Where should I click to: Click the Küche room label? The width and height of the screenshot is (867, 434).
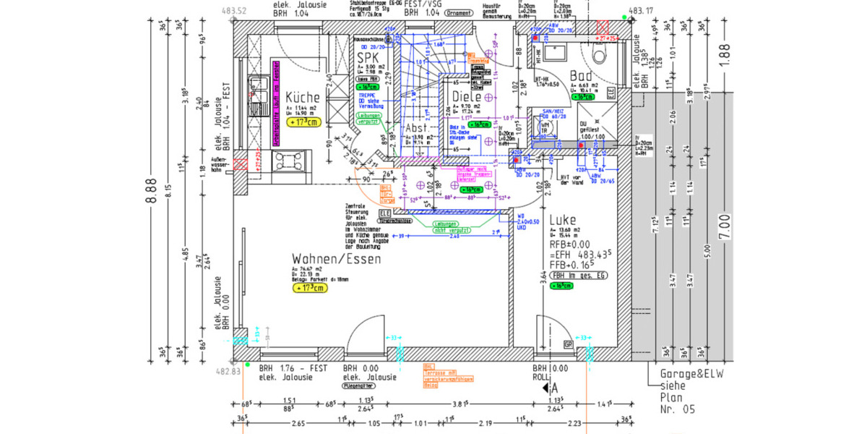pos(303,98)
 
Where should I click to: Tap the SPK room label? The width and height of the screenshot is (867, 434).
pos(368,56)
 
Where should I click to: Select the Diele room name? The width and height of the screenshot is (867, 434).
pos(467,97)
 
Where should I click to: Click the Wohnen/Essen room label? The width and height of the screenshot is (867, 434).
pos(337,259)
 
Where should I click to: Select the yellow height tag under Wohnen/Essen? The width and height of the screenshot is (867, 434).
pos(310,288)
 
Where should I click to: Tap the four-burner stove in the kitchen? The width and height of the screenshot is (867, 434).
pos(282,161)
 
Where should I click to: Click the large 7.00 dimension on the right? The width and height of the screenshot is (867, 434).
pos(725,226)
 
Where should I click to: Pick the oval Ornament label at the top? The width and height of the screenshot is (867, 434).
pos(458,12)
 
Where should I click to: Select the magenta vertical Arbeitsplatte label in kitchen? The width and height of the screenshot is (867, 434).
pos(275,104)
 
